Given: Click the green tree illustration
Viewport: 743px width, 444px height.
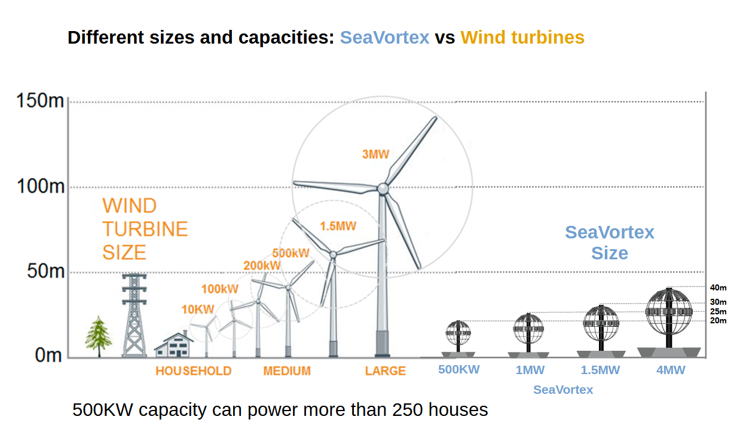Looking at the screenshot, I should [x=94, y=337].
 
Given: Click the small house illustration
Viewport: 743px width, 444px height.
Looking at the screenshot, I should [x=174, y=345].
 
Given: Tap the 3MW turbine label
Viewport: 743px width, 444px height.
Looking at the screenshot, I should [x=375, y=154].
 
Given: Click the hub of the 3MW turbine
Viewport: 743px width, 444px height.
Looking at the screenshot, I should [x=383, y=188].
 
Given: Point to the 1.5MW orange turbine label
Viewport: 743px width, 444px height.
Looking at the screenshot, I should [x=338, y=226].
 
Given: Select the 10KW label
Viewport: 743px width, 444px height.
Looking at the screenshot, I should [x=197, y=310].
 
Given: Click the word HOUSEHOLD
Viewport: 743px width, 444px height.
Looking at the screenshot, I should [x=193, y=371].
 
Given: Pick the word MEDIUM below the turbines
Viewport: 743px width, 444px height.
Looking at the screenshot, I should [x=287, y=371].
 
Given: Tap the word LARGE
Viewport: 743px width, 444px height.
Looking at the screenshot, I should [x=385, y=371].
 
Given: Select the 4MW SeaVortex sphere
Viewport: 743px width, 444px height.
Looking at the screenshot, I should [x=669, y=311].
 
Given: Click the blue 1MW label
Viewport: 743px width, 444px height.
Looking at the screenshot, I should [x=530, y=370].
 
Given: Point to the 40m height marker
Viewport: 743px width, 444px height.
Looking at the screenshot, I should [x=718, y=287].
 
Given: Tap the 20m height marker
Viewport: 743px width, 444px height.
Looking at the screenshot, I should [x=718, y=321].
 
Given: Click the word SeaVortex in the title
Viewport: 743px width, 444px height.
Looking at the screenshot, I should [x=384, y=38].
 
